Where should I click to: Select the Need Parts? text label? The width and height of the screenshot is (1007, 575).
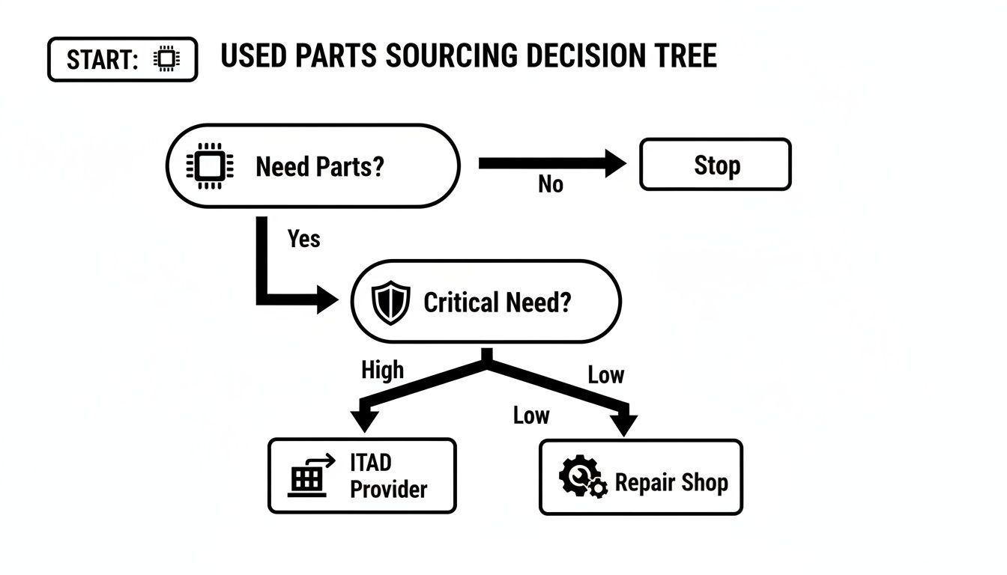point(319,166)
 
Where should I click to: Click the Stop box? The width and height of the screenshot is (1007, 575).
point(715,165)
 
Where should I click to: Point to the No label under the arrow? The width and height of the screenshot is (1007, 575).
point(551,184)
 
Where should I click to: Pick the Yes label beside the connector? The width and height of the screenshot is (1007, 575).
point(303,239)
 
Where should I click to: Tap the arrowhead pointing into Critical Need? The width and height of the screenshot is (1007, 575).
point(327,299)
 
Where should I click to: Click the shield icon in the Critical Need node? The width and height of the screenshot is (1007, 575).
point(391,302)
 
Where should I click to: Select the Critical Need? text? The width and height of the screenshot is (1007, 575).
point(497,302)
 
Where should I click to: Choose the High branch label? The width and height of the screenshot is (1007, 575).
point(382,370)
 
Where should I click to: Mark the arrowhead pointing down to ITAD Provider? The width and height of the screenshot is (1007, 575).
point(365,420)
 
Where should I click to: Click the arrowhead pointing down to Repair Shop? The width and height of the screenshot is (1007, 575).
point(623,424)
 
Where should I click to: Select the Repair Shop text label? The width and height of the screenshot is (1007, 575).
point(671,483)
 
